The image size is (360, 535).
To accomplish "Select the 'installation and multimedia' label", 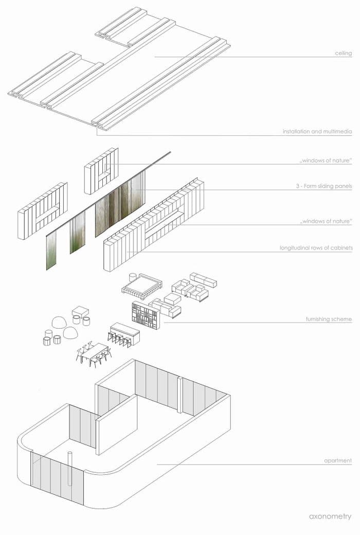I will (317, 132).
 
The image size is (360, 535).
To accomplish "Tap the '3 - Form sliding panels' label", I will (327, 186).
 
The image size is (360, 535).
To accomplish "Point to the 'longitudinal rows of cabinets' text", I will (316, 248).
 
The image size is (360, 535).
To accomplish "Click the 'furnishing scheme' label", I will (329, 319).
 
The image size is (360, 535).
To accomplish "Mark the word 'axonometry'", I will (330, 516).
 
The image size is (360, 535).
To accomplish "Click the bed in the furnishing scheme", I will (141, 284).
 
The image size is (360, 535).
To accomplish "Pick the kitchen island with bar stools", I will (125, 333).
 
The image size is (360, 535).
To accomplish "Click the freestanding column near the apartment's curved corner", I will (71, 468).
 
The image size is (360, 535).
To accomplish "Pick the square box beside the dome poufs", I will (80, 312).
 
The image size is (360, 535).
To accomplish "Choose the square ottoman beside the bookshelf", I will (173, 299).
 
